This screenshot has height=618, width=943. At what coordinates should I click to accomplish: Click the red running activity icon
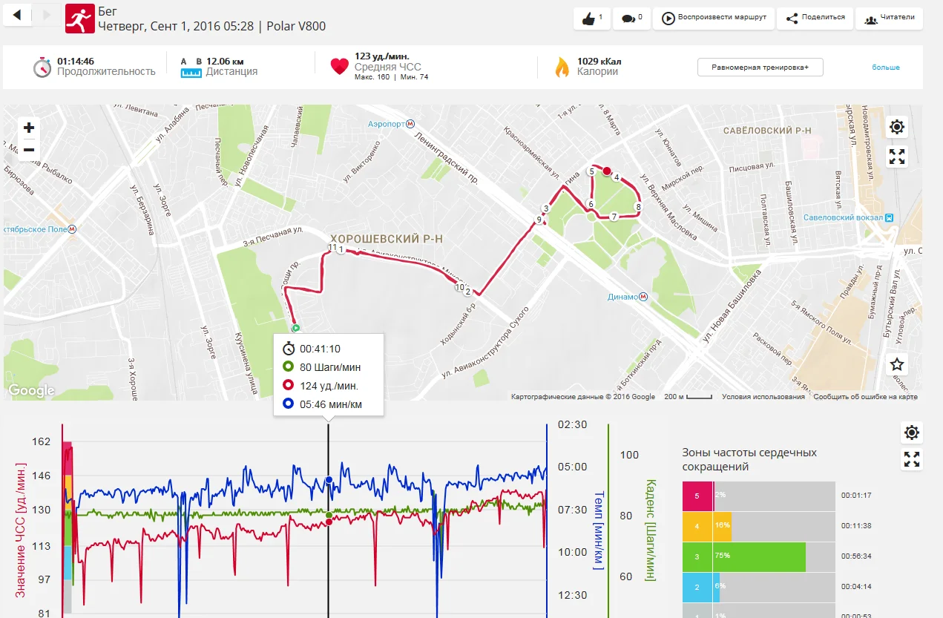coord(80,19)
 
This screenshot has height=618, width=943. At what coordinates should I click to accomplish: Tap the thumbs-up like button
coord(591,19)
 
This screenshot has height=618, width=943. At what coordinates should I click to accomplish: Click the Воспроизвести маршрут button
coord(714,19)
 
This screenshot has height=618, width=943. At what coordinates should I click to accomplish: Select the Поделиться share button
coord(815,19)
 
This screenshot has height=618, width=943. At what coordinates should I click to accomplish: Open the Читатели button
coord(889,19)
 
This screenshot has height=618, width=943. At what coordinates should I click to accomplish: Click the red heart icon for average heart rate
coord(339,66)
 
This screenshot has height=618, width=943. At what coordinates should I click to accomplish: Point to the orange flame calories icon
coord(562,67)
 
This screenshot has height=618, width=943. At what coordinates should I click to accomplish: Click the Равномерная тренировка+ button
coord(760,67)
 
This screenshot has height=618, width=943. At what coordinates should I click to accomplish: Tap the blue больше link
coord(885,68)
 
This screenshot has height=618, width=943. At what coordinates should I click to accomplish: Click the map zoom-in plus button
coord(28,128)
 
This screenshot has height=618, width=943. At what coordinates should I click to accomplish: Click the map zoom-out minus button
coord(28,149)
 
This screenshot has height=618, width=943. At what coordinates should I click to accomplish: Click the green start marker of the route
coord(295,327)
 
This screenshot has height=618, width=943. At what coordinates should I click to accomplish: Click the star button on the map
coord(897,364)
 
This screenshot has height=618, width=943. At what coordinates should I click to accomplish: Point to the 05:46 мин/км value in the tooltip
coord(331,404)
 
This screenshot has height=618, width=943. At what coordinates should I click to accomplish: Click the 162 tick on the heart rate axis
coord(42,441)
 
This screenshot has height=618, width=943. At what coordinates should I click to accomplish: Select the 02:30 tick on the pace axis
coord(573,425)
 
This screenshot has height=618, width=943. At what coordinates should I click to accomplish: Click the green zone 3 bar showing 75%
coord(743,556)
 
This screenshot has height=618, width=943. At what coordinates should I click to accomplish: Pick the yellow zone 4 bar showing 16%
coord(707,526)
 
